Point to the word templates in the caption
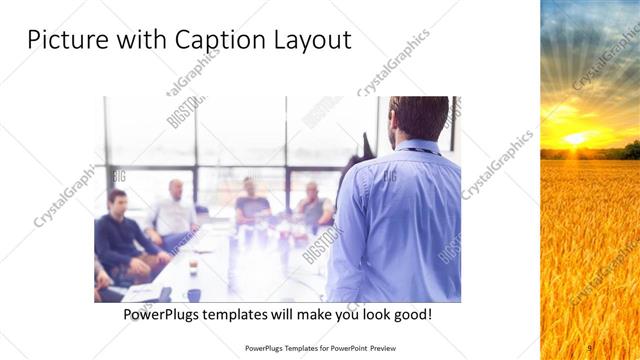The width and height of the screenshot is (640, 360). tap(248, 314)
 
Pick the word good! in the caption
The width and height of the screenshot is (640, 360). tap(411, 314)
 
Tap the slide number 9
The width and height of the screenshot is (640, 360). tap(589, 348)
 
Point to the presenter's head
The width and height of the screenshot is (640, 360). tap(419, 117)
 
